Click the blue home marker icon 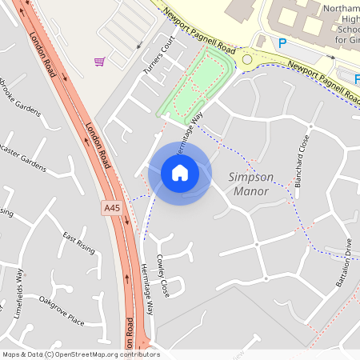tap(180, 173)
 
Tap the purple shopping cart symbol tap(100, 62)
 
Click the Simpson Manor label tap(250, 184)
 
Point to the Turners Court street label tap(158, 55)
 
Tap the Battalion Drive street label tap(344, 264)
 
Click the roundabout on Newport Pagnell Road tap(246, 58)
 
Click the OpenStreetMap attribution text tap(81, 354)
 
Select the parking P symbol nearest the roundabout tap(282, 43)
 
